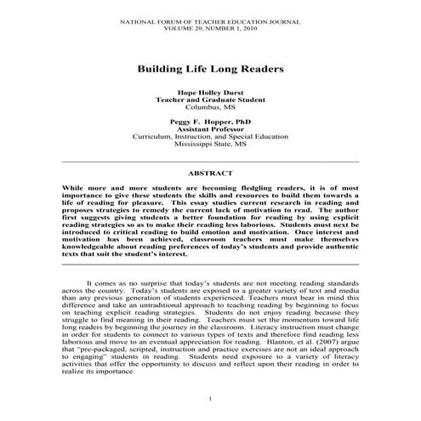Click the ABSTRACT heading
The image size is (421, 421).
210,172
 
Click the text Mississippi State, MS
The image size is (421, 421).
210,145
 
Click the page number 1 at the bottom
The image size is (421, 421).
210,399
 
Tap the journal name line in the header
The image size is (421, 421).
210,18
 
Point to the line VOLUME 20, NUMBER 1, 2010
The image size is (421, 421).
210,26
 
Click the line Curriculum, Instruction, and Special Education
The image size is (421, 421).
210,136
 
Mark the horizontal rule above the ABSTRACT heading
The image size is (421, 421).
210,161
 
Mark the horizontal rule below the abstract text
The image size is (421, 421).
210,265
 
